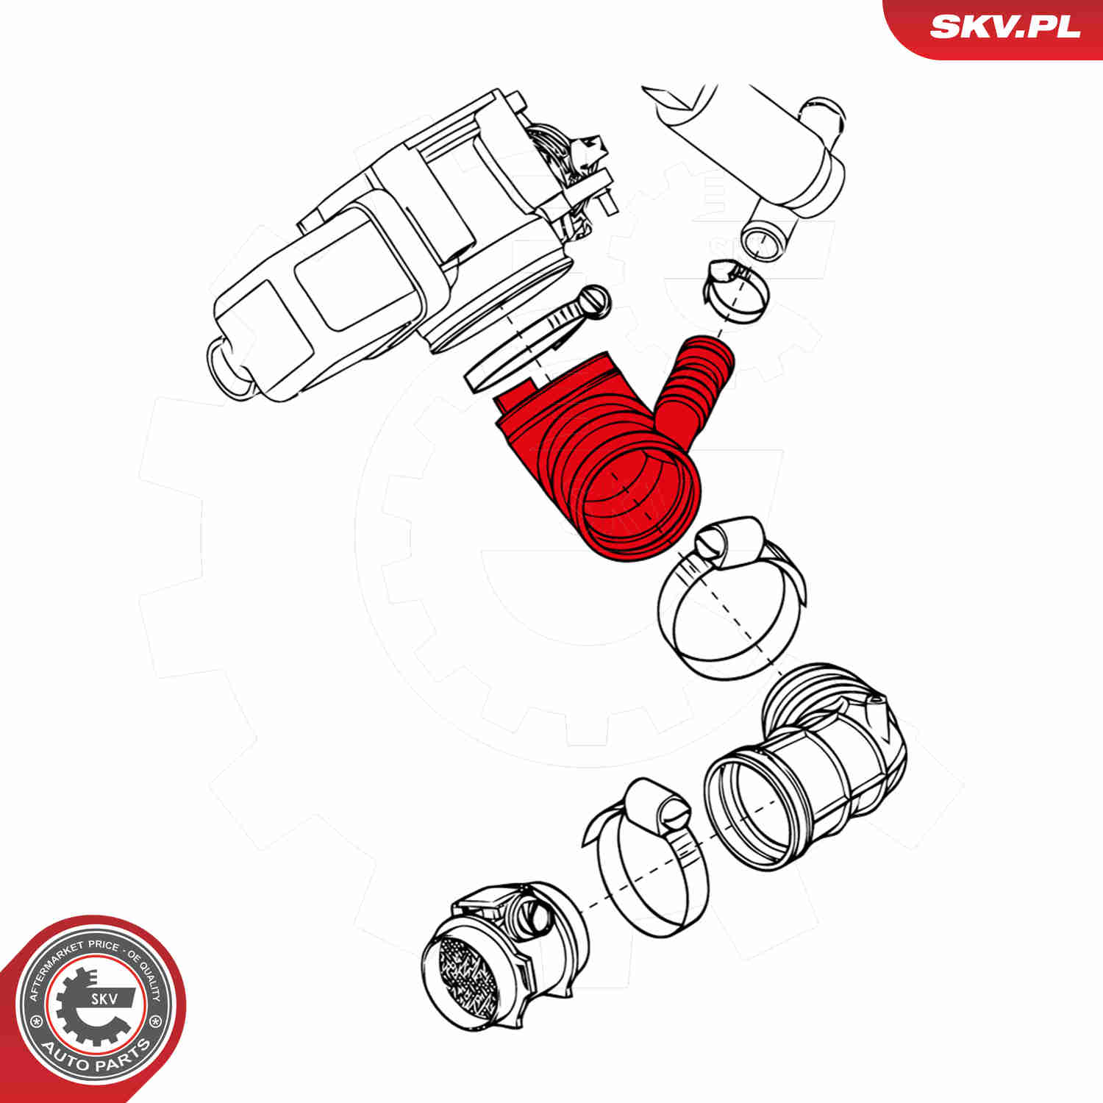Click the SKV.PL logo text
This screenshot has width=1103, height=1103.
[x=1004, y=27]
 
